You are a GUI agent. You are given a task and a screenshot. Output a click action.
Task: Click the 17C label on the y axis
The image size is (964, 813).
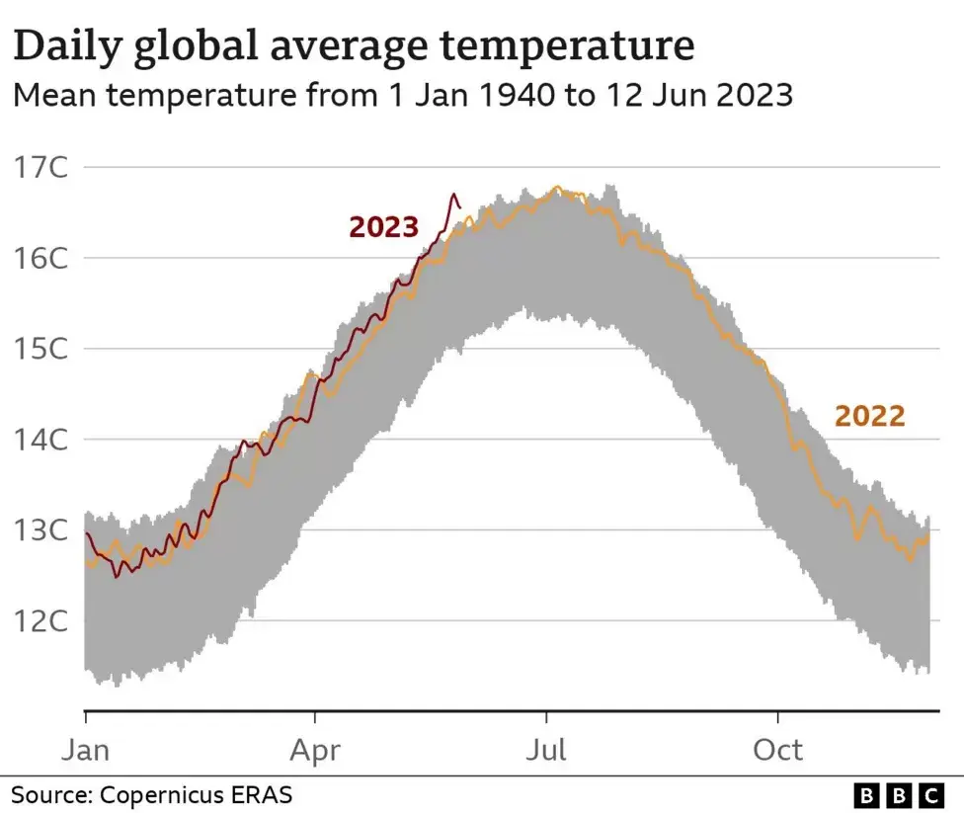(40, 167)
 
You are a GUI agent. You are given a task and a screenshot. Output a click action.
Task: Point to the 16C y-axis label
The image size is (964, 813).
(40, 258)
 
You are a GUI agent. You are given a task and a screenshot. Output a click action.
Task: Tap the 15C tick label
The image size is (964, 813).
(40, 349)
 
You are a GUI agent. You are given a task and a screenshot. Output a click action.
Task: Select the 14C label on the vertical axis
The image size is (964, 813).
(40, 440)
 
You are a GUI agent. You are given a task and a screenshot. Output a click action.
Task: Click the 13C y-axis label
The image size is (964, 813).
(40, 530)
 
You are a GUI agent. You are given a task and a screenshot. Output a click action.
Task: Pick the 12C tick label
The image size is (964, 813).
(40, 621)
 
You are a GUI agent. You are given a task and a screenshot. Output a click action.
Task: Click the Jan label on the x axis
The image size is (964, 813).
(86, 751)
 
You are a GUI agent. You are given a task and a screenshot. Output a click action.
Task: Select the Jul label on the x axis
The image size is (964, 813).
(546, 751)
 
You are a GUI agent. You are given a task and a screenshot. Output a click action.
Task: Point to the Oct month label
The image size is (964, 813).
(777, 751)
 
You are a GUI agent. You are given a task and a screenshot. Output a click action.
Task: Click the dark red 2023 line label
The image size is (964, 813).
(383, 227)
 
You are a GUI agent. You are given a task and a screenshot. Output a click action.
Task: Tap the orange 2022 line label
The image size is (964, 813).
(869, 416)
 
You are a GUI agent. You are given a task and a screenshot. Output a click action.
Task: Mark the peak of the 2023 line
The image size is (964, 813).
(454, 195)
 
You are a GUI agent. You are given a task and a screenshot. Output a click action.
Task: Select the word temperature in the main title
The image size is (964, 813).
(568, 46)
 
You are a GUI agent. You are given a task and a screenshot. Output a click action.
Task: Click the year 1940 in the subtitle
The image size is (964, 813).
(516, 96)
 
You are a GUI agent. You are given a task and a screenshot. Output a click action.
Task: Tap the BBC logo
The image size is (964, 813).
(899, 796)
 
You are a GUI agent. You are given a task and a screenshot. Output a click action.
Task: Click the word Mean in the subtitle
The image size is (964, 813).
(54, 96)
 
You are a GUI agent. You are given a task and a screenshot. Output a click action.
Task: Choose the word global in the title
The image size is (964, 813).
(196, 46)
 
